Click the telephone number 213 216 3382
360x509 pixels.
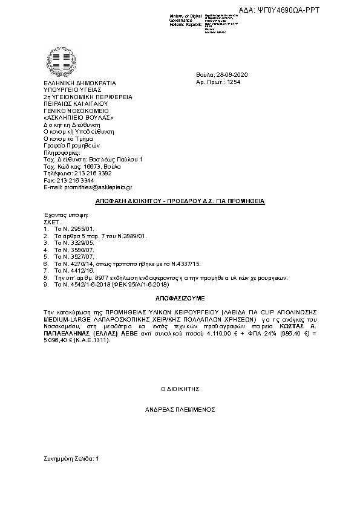tap(91, 173)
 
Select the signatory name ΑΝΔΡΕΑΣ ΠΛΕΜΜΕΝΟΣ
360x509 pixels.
tap(179, 409)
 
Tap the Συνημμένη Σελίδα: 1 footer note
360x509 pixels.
tap(71, 459)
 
